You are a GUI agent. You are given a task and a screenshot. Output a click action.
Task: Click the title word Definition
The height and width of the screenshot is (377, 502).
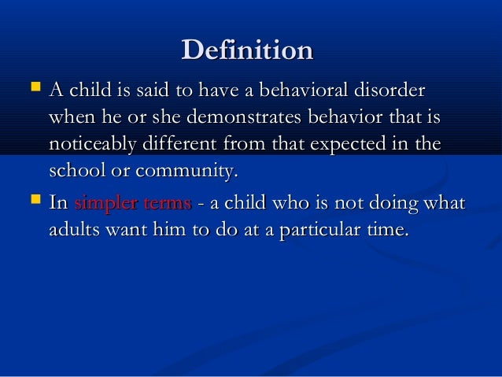tap(247, 51)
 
